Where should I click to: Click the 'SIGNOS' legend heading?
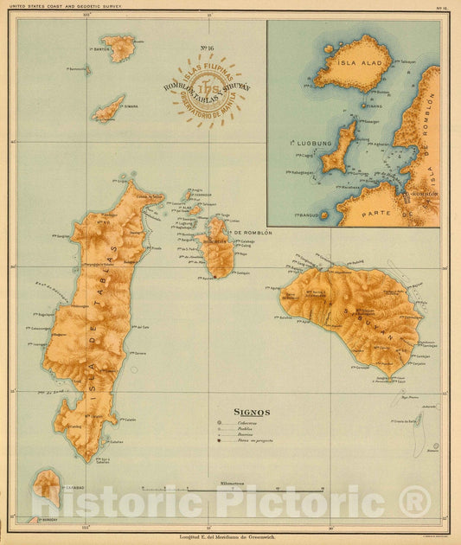253,413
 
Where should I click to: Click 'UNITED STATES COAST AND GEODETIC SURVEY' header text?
69,6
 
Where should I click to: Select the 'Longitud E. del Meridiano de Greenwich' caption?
230,538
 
